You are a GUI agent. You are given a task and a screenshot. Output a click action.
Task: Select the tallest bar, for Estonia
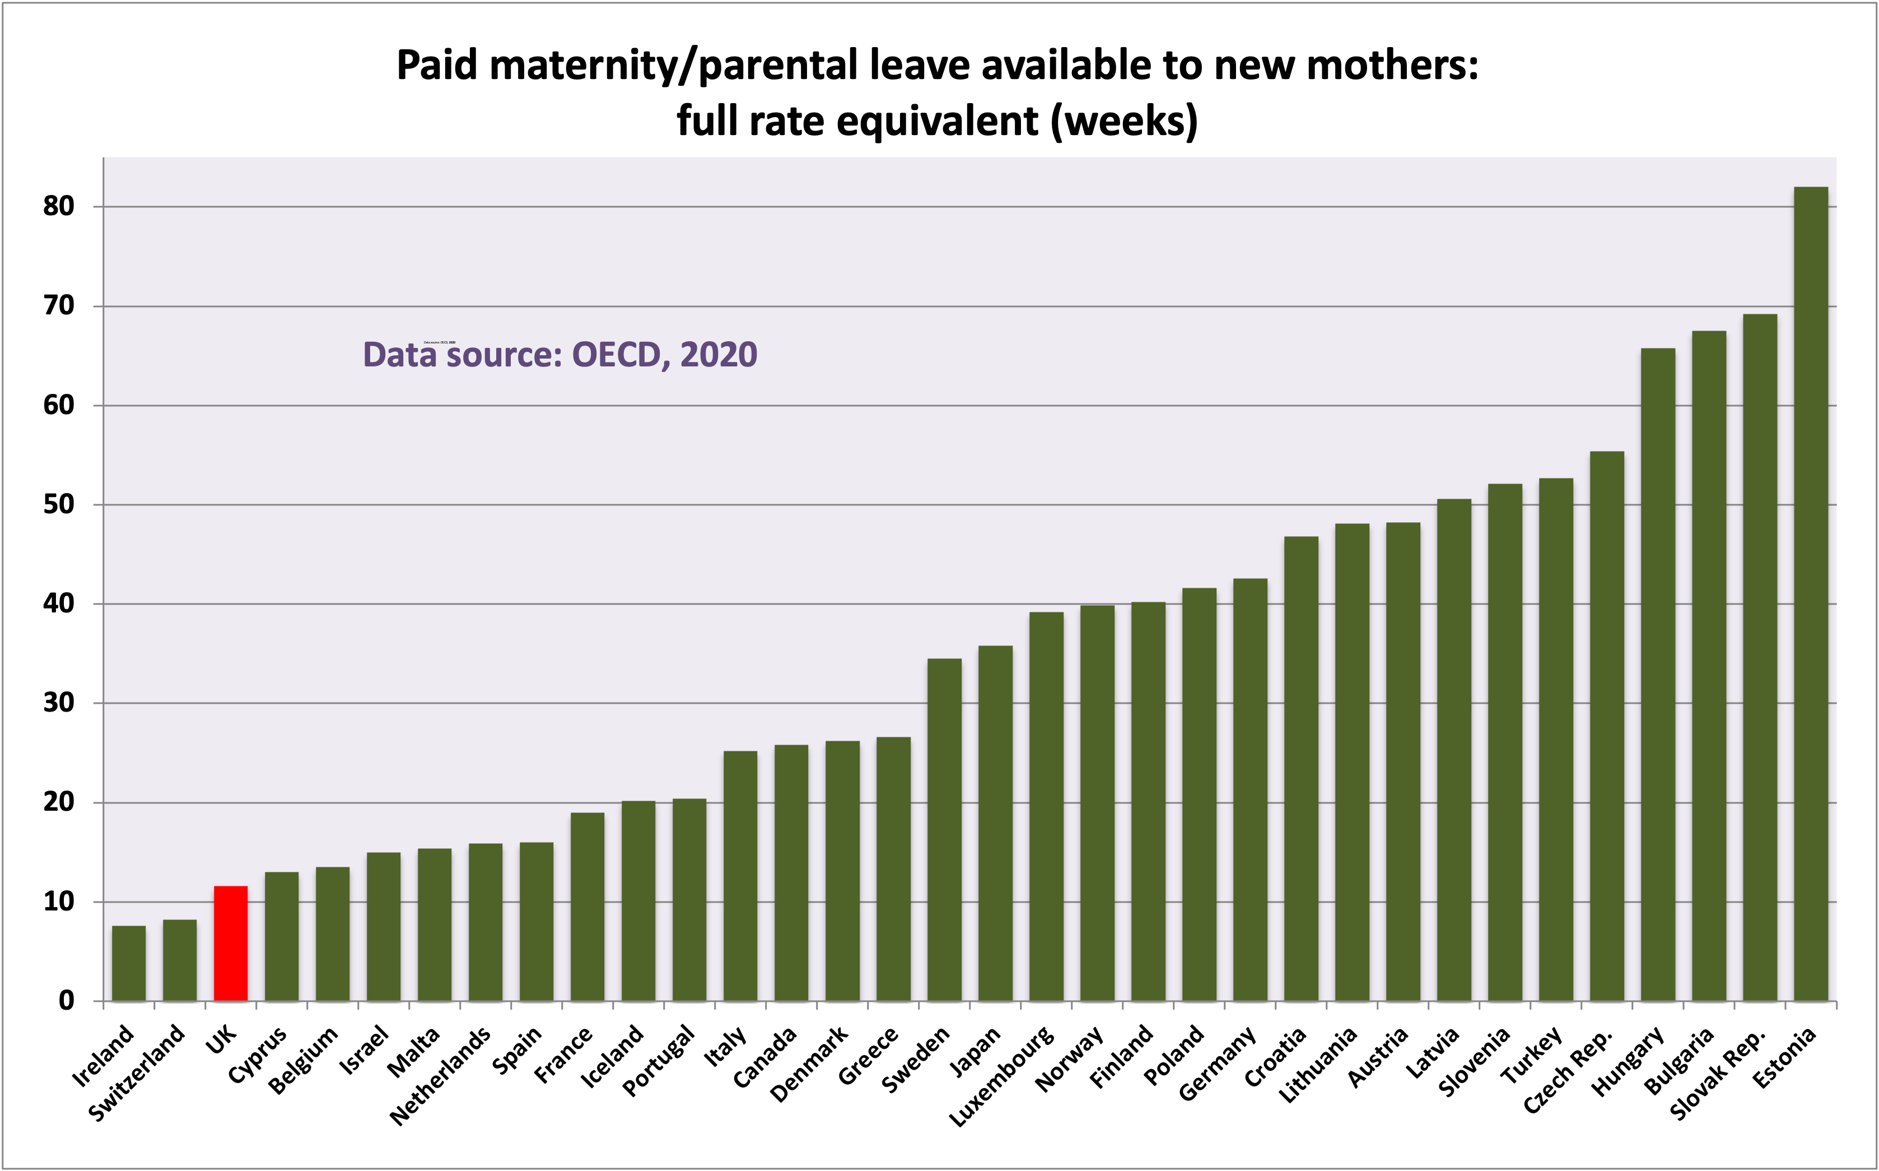coord(1811,593)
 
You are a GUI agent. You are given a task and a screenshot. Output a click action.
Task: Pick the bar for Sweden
coord(944,829)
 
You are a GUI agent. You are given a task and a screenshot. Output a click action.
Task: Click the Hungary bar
coord(1658,674)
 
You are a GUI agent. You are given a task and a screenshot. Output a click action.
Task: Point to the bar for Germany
coord(1251,789)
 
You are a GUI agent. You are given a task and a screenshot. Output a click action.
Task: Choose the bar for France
coord(588,906)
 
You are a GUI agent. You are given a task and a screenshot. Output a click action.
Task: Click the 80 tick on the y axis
coord(58,207)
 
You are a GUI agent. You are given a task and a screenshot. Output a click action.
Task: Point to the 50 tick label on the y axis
coord(58,505)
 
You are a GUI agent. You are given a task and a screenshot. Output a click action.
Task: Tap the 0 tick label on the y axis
coord(67,1001)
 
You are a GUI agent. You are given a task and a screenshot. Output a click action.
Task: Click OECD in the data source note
coord(616,355)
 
